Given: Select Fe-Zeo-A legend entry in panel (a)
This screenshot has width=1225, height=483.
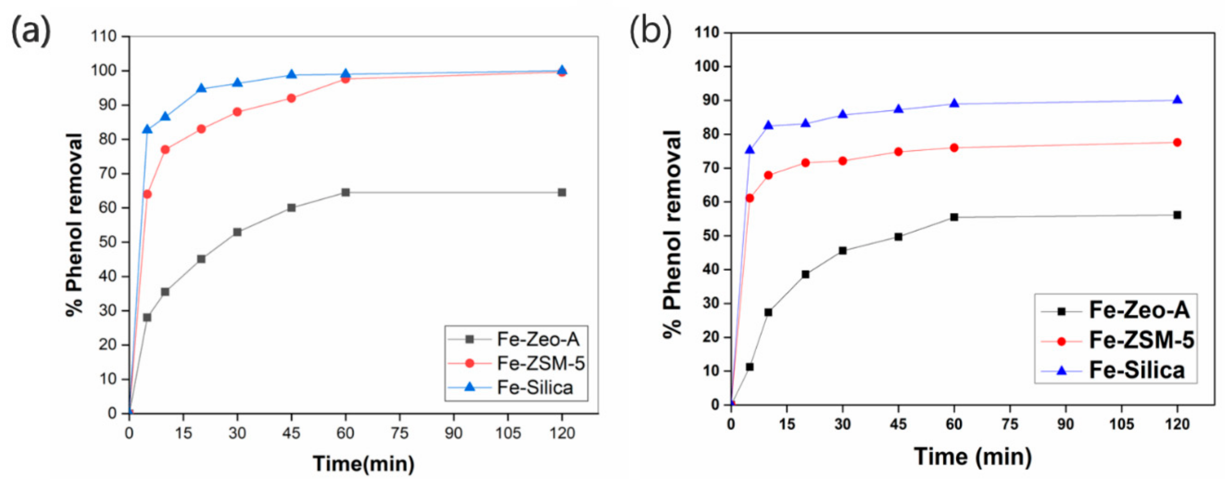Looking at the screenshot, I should click(x=538, y=339).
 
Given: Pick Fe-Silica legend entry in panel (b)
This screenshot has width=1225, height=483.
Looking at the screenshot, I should click(x=1136, y=370).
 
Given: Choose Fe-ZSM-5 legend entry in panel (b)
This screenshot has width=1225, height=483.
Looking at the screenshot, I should click(x=1141, y=341).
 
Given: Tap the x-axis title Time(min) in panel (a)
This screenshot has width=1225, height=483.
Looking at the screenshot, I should click(x=364, y=463).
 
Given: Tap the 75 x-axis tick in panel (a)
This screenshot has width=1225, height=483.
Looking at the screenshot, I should click(x=399, y=433).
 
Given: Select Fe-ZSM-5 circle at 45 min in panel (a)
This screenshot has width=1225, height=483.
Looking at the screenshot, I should click(x=292, y=98).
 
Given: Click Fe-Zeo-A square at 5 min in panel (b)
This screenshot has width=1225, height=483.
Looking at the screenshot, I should click(x=750, y=367).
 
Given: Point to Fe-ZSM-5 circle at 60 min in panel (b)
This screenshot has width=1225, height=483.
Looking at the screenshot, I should click(x=954, y=148).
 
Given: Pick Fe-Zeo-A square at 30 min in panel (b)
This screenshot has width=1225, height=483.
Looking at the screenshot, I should click(x=843, y=251).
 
